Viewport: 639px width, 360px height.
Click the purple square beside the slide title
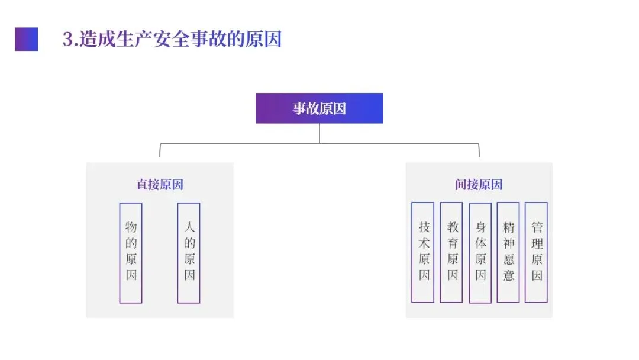26,39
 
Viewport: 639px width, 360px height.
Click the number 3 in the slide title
67,40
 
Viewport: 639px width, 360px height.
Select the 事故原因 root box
319,108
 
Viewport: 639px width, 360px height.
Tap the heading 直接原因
160,184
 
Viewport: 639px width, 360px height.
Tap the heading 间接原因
479,184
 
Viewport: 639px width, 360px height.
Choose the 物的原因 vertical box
131,253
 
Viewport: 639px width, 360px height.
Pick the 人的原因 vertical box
189,253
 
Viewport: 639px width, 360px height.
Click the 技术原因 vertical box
423,252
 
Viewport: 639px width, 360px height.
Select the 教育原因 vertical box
451,252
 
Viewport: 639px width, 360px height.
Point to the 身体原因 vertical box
480,252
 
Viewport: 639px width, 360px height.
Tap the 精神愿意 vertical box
508,252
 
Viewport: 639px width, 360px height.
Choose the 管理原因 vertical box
536,252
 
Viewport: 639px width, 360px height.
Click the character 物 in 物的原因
131,227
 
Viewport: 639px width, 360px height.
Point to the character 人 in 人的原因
189,227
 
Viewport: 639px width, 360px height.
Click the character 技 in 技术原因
424,227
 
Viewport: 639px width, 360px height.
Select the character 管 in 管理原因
537,227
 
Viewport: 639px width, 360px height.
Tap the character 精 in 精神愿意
508,227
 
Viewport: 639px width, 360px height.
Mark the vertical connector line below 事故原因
319,133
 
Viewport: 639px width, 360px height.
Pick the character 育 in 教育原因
452,243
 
